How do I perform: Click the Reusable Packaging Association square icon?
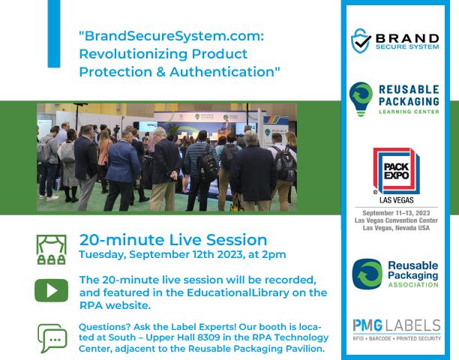(x=367, y=274)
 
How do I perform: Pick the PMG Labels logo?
(x=397, y=325)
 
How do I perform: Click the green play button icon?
(x=51, y=289)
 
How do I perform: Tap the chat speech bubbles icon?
(x=52, y=338)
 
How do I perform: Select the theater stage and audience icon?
(x=52, y=247)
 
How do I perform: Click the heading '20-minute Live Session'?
(x=173, y=240)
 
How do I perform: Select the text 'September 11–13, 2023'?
(x=396, y=213)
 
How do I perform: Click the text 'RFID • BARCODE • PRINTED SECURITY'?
(x=397, y=338)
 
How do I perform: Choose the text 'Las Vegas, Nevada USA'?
(x=396, y=229)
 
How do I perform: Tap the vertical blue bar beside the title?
(x=53, y=34)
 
